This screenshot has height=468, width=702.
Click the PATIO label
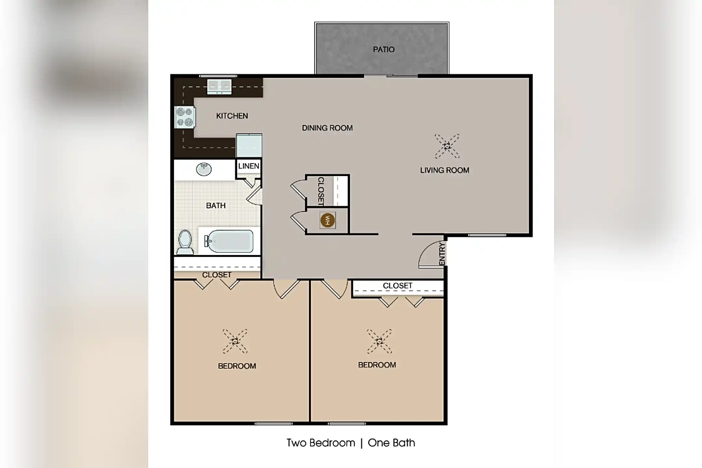pyautogui.click(x=383, y=50)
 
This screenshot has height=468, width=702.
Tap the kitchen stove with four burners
pyautogui.click(x=185, y=117)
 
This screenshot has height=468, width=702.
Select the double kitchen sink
pyautogui.click(x=219, y=86)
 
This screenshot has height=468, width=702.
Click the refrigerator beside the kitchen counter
pyautogui.click(x=249, y=146)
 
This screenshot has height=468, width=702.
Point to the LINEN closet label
pyautogui.click(x=249, y=166)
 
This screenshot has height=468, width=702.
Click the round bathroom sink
pyautogui.click(x=204, y=169)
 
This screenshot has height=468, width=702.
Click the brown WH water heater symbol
pyautogui.click(x=327, y=221)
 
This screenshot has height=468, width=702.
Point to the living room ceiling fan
pyautogui.click(x=447, y=146)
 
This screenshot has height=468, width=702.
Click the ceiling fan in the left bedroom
pyautogui.click(x=235, y=341)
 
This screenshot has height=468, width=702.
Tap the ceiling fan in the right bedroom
pyautogui.click(x=379, y=341)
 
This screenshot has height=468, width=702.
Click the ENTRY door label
pyautogui.click(x=442, y=254)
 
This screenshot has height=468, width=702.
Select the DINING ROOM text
pyautogui.click(x=327, y=128)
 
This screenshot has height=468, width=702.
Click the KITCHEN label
pyautogui.click(x=232, y=116)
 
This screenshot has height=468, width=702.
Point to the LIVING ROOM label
pyautogui.click(x=444, y=170)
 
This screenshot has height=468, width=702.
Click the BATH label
pyautogui.click(x=216, y=206)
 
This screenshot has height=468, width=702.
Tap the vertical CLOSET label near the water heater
pyautogui.click(x=320, y=191)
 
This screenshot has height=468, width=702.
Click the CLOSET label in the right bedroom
pyautogui.click(x=397, y=286)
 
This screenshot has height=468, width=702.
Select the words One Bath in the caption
pyautogui.click(x=391, y=443)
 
